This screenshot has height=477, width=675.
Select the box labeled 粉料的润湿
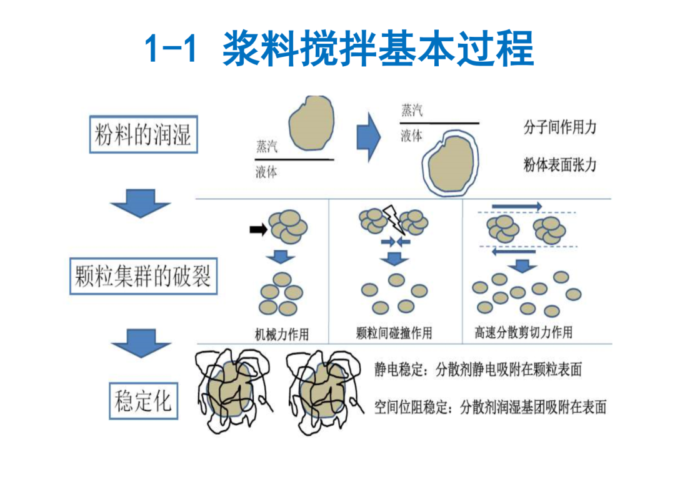143,134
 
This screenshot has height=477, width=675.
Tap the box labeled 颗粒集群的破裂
143,276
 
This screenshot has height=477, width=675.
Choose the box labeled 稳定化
143,401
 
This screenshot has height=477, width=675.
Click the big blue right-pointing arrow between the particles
369,137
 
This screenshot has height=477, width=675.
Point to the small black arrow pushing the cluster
258,230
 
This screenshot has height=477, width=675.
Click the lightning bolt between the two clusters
392,219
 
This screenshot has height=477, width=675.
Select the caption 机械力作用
282,334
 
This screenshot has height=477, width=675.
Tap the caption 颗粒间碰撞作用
394,333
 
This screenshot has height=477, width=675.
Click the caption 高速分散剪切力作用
524,332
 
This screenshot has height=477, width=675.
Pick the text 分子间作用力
560,127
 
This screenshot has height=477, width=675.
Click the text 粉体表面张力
560,165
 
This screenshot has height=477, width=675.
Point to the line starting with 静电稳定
478,370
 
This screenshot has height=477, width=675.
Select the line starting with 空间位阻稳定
491,407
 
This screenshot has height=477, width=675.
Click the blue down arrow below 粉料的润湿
141,203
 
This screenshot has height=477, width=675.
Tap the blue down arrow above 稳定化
141,343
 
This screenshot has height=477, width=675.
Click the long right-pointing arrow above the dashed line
517,207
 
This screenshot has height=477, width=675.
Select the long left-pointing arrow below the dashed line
514,252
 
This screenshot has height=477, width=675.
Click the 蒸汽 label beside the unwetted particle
267,147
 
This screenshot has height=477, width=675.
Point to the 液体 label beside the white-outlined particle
411,136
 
